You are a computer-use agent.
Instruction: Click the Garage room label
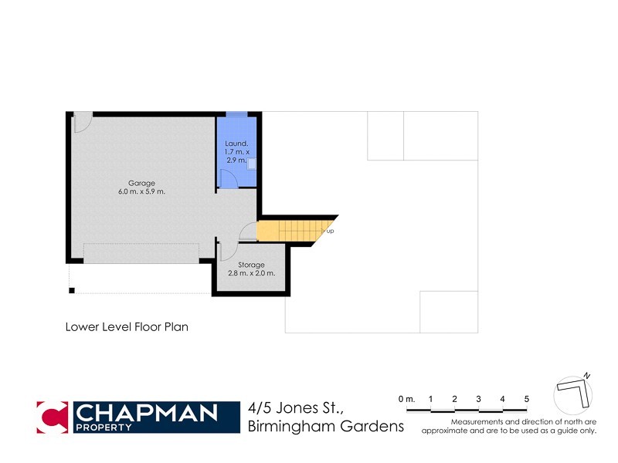click(x=131, y=182)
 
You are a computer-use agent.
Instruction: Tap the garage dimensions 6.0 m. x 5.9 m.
click(x=141, y=191)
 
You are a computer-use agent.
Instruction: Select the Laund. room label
click(x=236, y=144)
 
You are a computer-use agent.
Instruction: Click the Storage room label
click(x=252, y=265)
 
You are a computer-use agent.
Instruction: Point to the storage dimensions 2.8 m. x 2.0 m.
click(x=252, y=273)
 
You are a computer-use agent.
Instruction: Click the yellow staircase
click(x=290, y=230)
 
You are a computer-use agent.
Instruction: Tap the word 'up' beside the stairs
click(x=331, y=231)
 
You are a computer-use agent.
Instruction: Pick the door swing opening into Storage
click(x=228, y=251)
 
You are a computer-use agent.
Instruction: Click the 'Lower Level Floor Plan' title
click(x=127, y=326)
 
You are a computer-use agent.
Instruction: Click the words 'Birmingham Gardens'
click(x=326, y=427)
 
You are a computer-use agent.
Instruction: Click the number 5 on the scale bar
click(x=526, y=398)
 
